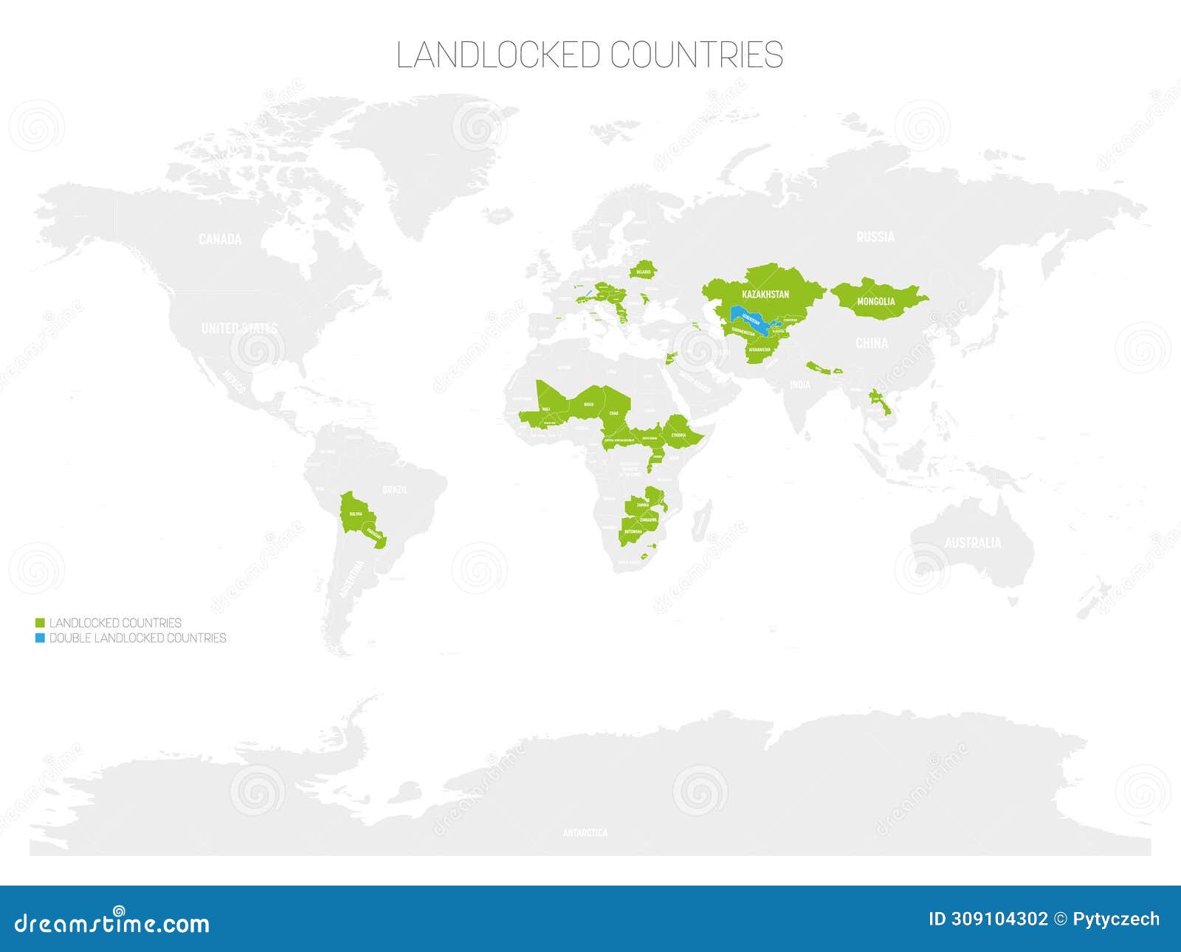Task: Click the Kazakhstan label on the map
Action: coord(765,294)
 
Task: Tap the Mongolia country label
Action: coord(876,301)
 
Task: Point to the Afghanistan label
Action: coord(760,350)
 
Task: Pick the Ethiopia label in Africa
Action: coord(679,435)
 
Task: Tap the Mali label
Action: coord(545,409)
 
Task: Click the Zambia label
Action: coord(642,506)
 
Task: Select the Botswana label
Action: coord(633,531)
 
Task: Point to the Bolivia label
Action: coord(356,514)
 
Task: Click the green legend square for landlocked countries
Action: coord(40,624)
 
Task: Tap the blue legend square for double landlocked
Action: coord(40,638)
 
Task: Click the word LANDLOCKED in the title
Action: coord(498,55)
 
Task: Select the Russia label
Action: coord(875,237)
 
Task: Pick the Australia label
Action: coord(973,543)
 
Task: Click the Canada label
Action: coord(220,239)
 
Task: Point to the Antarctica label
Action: coord(585,832)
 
